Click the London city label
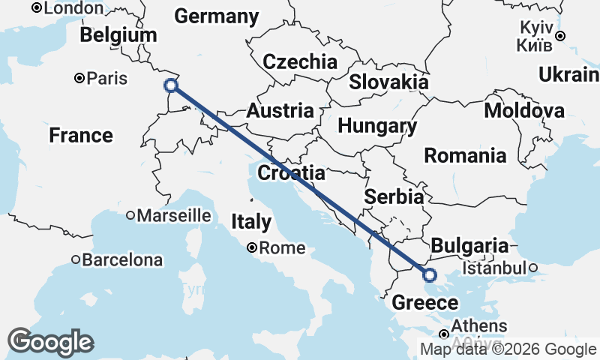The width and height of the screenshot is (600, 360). point(73,8)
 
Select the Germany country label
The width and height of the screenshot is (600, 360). point(216,16)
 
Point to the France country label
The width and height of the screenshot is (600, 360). point(81,136)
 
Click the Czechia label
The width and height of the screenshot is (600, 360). point(300,61)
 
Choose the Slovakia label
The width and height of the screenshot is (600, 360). point(388,82)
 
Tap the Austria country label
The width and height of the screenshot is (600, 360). point(280,111)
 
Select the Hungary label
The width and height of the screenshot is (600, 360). point(377,126)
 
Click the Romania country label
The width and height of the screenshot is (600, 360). point(465,156)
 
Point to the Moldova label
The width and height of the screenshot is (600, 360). point(524,111)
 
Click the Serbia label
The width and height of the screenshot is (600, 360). point(394,197)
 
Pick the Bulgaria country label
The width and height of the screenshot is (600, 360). point(469,246)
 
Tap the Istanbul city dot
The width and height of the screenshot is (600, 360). point(532,268)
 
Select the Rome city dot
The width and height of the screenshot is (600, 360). point(253,247)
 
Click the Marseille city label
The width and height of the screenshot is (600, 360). point(175,215)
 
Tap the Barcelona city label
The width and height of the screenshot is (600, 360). point(122,260)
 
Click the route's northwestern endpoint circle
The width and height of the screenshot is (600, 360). point(171,85)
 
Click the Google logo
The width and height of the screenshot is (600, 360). point(50,342)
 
